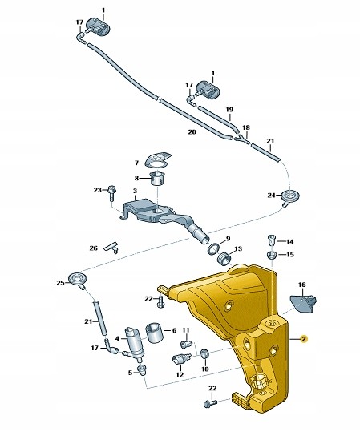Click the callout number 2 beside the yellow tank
pos(304,339)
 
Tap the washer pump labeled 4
pos(132,342)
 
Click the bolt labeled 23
pos(114,192)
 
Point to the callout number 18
pos(246,128)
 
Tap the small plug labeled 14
pos(272,240)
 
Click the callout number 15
pos(290,255)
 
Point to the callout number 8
pos(137,178)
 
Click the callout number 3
pos(136,192)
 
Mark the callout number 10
pos(204,369)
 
